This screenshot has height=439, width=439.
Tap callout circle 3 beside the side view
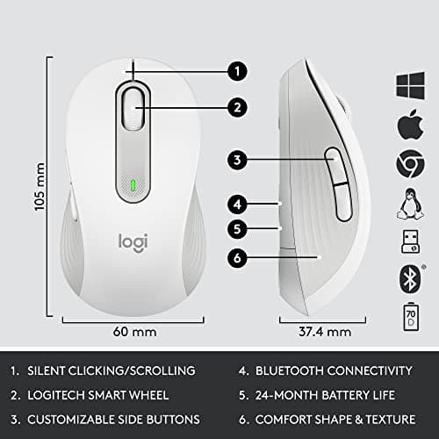pyautogui.click(x=237, y=160)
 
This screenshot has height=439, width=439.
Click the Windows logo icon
pyautogui.click(x=410, y=84)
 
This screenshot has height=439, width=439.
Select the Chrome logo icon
pyautogui.click(x=410, y=162)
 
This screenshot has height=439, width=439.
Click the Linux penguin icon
pyautogui.click(x=410, y=201)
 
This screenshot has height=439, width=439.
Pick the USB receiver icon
pyautogui.click(x=410, y=239)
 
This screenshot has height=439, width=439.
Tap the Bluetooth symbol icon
pyautogui.click(x=410, y=276)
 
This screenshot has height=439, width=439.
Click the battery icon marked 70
pyautogui.click(x=410, y=314)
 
